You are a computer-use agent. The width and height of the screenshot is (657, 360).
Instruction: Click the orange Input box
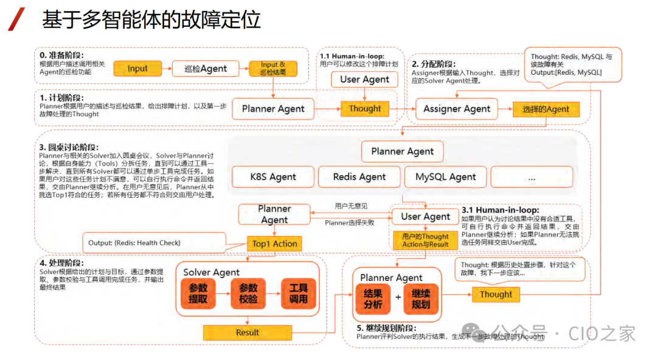pyautogui.click(x=137, y=69)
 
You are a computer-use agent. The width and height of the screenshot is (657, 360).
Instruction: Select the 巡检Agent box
pyautogui.click(x=206, y=69)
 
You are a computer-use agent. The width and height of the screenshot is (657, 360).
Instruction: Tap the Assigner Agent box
pyautogui.click(x=456, y=109)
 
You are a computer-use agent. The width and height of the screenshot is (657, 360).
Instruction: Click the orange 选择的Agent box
pyautogui.click(x=546, y=109)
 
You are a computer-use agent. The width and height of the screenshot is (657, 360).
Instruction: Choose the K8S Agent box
pyautogui.click(x=273, y=177)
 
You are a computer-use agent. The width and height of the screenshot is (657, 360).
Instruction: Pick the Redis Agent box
pyautogui.click(x=360, y=177)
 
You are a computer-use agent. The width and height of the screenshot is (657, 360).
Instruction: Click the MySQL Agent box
pyautogui.click(x=446, y=177)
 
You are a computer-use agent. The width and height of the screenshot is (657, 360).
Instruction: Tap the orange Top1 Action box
pyautogui.click(x=274, y=244)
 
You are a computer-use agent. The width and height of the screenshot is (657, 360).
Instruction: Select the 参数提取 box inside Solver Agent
pyautogui.click(x=198, y=293)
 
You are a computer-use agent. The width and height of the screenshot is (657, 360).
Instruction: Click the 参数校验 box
pyautogui.click(x=248, y=293)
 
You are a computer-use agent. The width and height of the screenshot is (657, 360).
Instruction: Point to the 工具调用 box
pyautogui.click(x=298, y=293)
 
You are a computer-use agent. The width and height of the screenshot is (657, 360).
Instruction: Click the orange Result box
pyautogui.click(x=248, y=333)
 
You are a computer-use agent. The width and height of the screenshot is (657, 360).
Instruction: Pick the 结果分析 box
pyautogui.click(x=373, y=299)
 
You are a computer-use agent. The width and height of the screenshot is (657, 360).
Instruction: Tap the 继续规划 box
pyautogui.click(x=420, y=299)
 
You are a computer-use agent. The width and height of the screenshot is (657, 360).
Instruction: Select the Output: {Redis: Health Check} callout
pyautogui.click(x=134, y=243)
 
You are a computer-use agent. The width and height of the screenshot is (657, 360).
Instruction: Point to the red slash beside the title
pyautogui.click(x=17, y=19)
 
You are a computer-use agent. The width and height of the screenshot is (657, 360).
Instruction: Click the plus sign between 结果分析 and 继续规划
pyautogui.click(x=397, y=297)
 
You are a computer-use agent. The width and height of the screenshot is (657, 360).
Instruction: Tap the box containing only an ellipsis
pyautogui.click(x=532, y=177)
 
